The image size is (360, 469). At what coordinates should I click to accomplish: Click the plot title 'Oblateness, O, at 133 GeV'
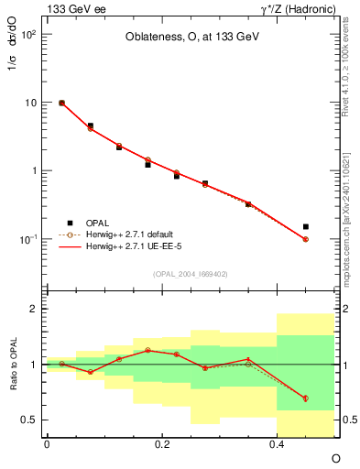coord(191,38)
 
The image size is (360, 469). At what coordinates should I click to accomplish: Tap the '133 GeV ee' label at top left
coord(74,8)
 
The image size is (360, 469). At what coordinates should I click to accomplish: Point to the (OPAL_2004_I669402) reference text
coord(191,273)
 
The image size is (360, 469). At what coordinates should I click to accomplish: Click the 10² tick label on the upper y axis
coord(28,35)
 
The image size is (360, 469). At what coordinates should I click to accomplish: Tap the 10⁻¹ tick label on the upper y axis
coord(28,239)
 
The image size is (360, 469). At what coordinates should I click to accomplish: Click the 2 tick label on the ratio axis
coord(33,309)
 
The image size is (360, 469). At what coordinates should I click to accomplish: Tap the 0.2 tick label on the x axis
coord(161,444)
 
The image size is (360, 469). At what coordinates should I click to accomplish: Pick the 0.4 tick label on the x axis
coord(277,444)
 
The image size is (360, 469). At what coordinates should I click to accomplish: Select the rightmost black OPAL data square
coord(306,226)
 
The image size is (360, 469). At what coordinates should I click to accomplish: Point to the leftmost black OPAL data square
coord(61,103)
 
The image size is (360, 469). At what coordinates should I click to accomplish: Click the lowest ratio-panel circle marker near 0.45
coord(306,398)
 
